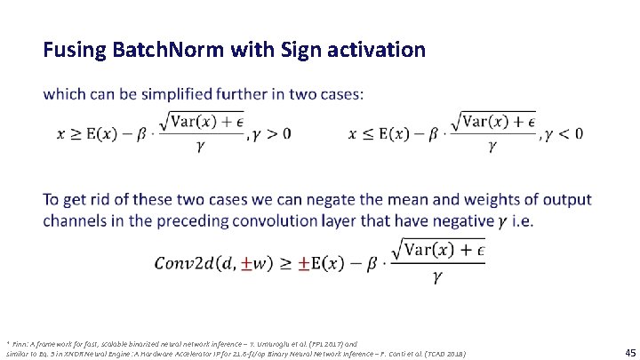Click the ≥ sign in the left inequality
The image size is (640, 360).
[x=78, y=133]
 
